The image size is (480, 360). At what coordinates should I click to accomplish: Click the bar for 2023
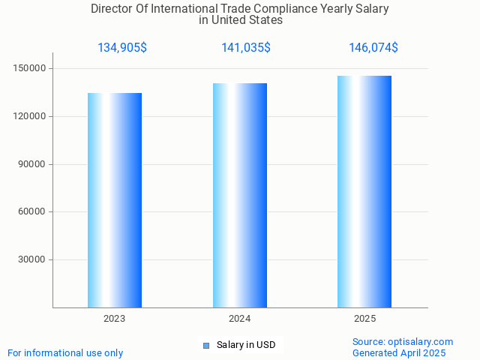tap(115, 200)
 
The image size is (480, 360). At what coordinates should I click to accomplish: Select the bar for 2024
tap(240, 195)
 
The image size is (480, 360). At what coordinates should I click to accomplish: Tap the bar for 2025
tap(364, 191)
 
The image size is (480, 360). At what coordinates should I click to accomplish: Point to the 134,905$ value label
tap(122, 48)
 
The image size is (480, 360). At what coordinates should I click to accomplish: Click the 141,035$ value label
tap(246, 48)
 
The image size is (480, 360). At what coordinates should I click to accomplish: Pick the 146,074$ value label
tap(373, 48)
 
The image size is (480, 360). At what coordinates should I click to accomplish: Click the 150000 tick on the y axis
tap(31, 69)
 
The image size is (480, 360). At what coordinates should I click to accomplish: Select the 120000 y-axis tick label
tap(31, 117)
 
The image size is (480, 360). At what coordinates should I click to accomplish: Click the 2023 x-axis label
tap(115, 319)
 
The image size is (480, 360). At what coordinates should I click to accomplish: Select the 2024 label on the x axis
tap(240, 319)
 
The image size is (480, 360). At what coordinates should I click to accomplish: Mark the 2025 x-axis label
tap(365, 319)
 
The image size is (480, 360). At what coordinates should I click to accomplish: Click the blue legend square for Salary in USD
tap(206, 346)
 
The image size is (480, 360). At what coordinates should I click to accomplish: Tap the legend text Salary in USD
tap(246, 345)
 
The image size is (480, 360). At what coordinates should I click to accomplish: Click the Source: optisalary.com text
tap(403, 342)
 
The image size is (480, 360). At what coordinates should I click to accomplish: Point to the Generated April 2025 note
tap(399, 353)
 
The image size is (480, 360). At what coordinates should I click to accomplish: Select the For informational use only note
tap(65, 353)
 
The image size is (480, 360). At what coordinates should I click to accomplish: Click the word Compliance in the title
tap(284, 10)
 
